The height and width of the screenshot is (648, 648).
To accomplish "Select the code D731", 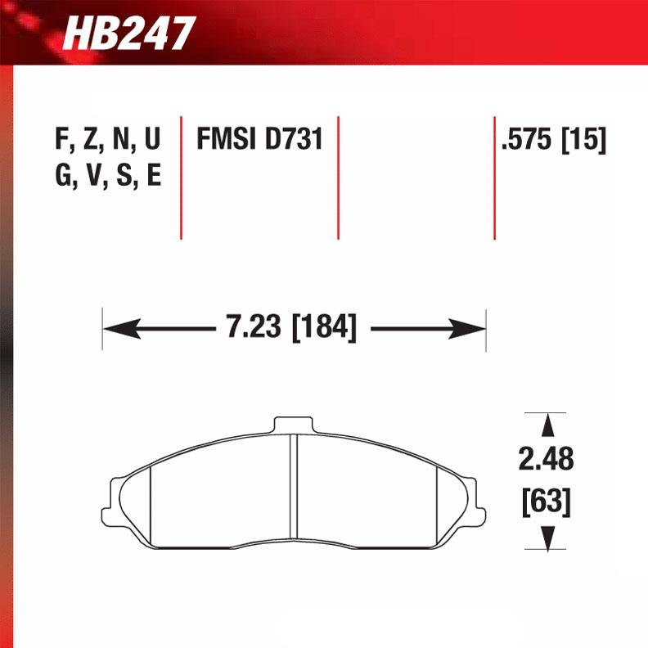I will tap(294, 140).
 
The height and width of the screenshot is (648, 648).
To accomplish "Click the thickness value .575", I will tap(528, 140).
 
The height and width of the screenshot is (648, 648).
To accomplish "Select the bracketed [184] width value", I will tap(322, 329).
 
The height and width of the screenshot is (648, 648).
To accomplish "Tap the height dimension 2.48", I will tap(546, 459).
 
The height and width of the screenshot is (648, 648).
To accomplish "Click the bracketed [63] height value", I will tap(546, 501).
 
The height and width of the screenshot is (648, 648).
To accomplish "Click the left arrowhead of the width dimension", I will tap(115, 329).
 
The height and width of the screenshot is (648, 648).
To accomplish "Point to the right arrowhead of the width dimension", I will tap(473, 329).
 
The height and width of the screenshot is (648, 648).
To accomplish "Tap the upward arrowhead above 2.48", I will tap(546, 425).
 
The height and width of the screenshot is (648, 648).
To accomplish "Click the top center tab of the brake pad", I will tap(294, 425).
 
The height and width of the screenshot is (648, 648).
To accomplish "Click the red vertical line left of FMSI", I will tap(181, 177).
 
